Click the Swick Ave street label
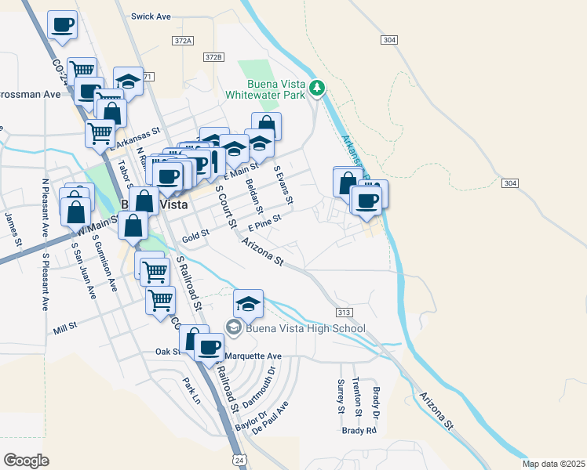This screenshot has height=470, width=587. pyautogui.click(x=151, y=16)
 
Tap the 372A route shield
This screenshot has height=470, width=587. pyautogui.click(x=181, y=39)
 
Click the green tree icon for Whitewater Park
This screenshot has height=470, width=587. pyautogui.click(x=317, y=88)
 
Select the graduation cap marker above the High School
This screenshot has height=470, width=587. pyautogui.click(x=249, y=303)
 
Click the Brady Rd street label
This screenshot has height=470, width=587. pyautogui.click(x=359, y=431)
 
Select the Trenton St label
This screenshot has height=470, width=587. pyautogui.click(x=356, y=396)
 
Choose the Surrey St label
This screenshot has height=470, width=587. pyautogui.click(x=341, y=396)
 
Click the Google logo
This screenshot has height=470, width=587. pyautogui.click(x=26, y=461)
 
